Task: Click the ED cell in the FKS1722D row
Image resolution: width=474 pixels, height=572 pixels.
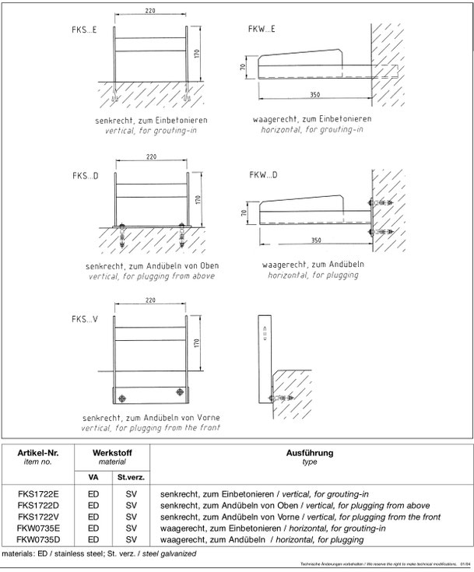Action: tap(93, 505)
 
